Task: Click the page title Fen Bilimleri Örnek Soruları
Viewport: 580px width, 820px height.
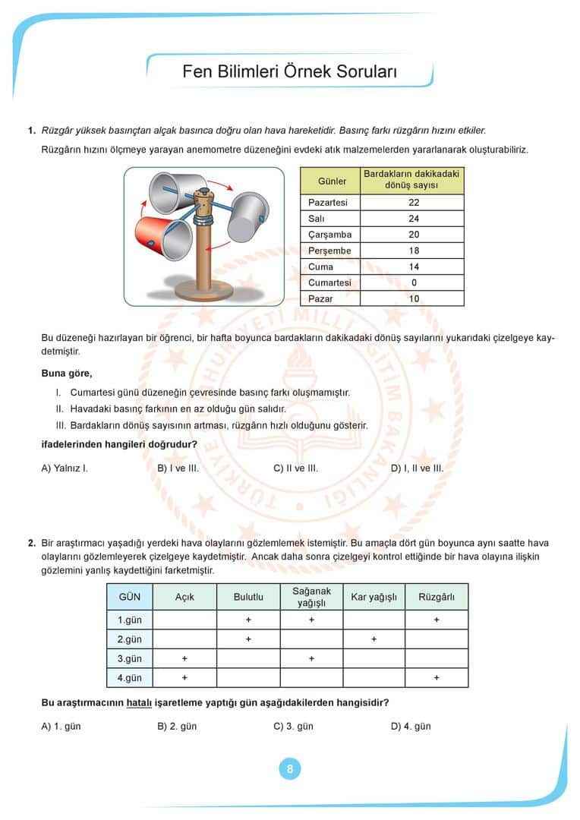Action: click(290, 72)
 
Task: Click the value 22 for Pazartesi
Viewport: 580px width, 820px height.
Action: click(413, 203)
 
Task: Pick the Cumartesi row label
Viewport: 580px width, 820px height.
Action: click(329, 282)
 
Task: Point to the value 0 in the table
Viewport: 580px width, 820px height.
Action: click(413, 282)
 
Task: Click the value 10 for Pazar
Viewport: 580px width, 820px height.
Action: click(413, 298)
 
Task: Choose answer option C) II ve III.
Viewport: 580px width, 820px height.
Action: click(295, 468)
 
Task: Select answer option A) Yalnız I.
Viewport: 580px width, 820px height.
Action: click(65, 468)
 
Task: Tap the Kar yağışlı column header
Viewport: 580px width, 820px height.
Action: click(374, 597)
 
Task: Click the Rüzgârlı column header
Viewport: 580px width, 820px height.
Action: click(437, 597)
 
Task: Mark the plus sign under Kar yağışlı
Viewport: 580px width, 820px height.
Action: click(374, 639)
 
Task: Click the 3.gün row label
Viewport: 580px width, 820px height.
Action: click(130, 658)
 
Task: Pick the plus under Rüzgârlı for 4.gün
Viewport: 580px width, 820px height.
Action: click(437, 677)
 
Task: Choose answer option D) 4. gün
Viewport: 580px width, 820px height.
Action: click(411, 726)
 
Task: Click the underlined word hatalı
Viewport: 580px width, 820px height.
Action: click(140, 702)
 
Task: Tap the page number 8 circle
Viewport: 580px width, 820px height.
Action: click(290, 768)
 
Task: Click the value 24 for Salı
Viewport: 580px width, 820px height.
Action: click(413, 219)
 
